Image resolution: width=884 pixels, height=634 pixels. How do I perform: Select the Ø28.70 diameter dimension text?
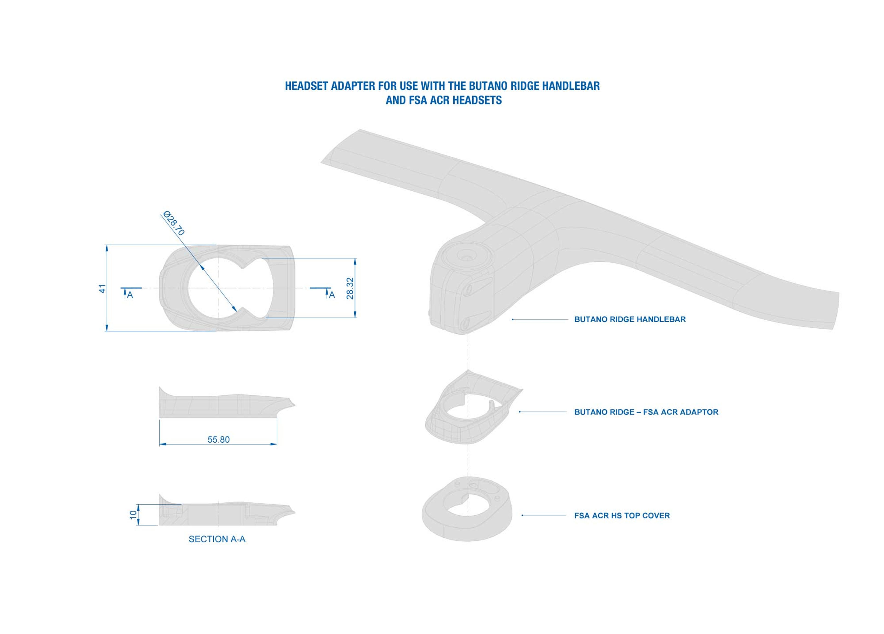point(174,223)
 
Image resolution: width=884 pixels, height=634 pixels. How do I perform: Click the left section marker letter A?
point(130,295)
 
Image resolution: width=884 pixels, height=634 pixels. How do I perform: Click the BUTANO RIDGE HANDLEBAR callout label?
point(630,319)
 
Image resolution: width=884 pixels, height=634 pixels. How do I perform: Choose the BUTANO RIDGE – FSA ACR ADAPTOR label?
point(646,412)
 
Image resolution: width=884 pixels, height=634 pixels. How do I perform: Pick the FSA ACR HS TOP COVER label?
point(622,515)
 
